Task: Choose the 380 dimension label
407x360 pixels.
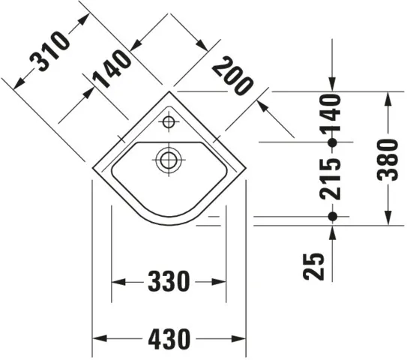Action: (388, 158)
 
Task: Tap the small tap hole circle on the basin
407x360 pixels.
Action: (169, 121)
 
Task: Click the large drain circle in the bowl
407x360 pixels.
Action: (169, 158)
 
